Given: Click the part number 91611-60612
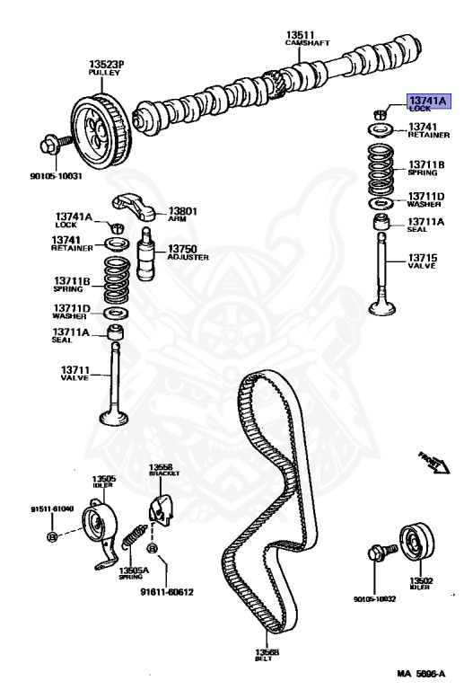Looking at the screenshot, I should pyautogui.click(x=166, y=592).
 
